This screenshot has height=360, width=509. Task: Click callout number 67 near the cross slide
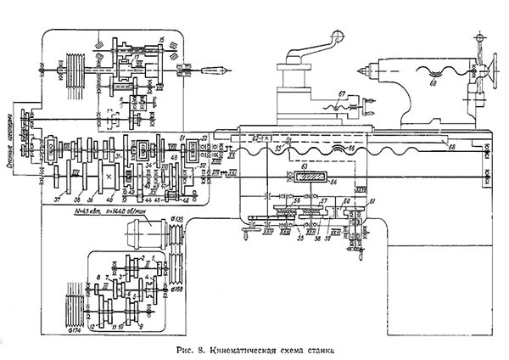tap(342, 93)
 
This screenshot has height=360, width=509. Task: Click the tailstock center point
tap(361, 69)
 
